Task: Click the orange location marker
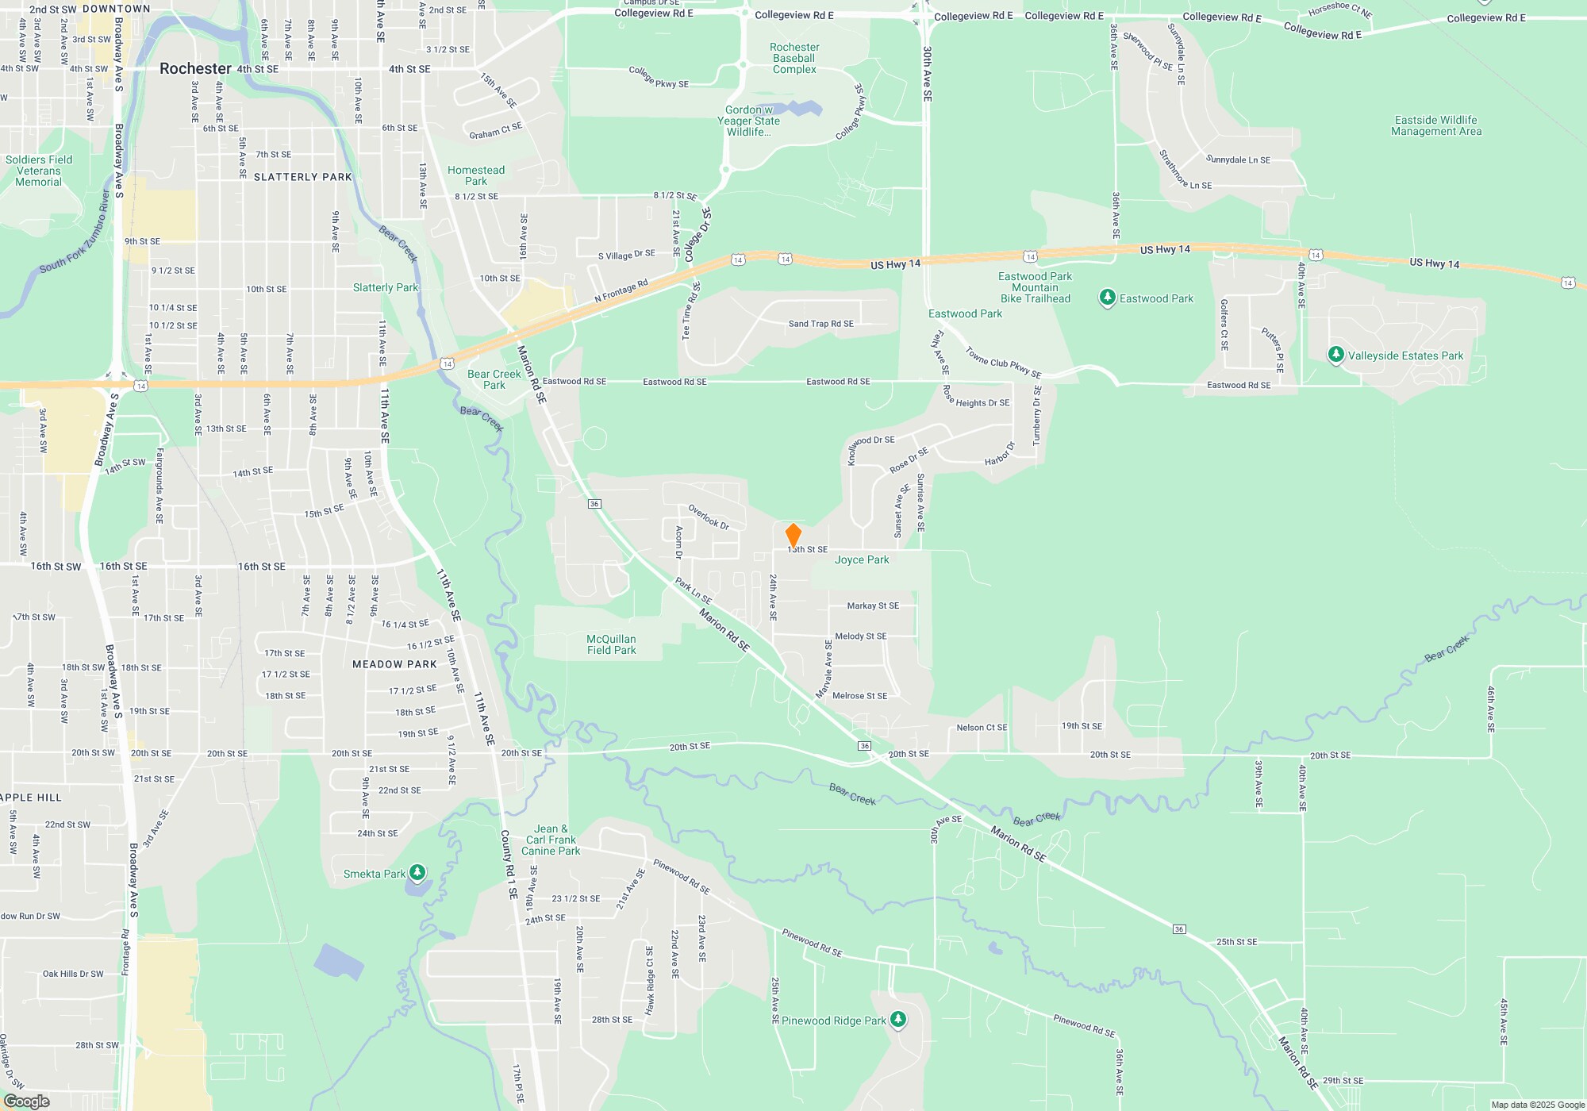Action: click(x=793, y=535)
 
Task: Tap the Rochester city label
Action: click(x=195, y=68)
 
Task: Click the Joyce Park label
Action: click(x=862, y=559)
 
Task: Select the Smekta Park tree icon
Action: click(x=417, y=873)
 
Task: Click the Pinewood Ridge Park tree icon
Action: click(x=898, y=1020)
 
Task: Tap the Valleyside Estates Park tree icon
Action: click(x=1336, y=355)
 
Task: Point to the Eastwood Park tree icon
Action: click(x=1108, y=298)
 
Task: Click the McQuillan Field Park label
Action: click(x=611, y=644)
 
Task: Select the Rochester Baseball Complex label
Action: click(x=794, y=59)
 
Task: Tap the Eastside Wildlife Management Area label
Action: click(x=1436, y=125)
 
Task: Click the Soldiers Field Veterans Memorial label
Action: click(x=38, y=171)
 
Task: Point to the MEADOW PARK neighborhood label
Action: click(x=394, y=664)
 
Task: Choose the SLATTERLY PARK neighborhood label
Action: click(x=302, y=177)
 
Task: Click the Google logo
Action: click(x=27, y=1101)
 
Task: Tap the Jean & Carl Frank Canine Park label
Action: click(x=551, y=840)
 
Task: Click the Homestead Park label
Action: click(x=476, y=175)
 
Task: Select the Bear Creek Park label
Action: click(x=494, y=379)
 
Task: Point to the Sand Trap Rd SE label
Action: click(x=820, y=324)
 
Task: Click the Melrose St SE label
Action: click(x=860, y=696)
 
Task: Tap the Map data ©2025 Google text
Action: click(x=1537, y=1105)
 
